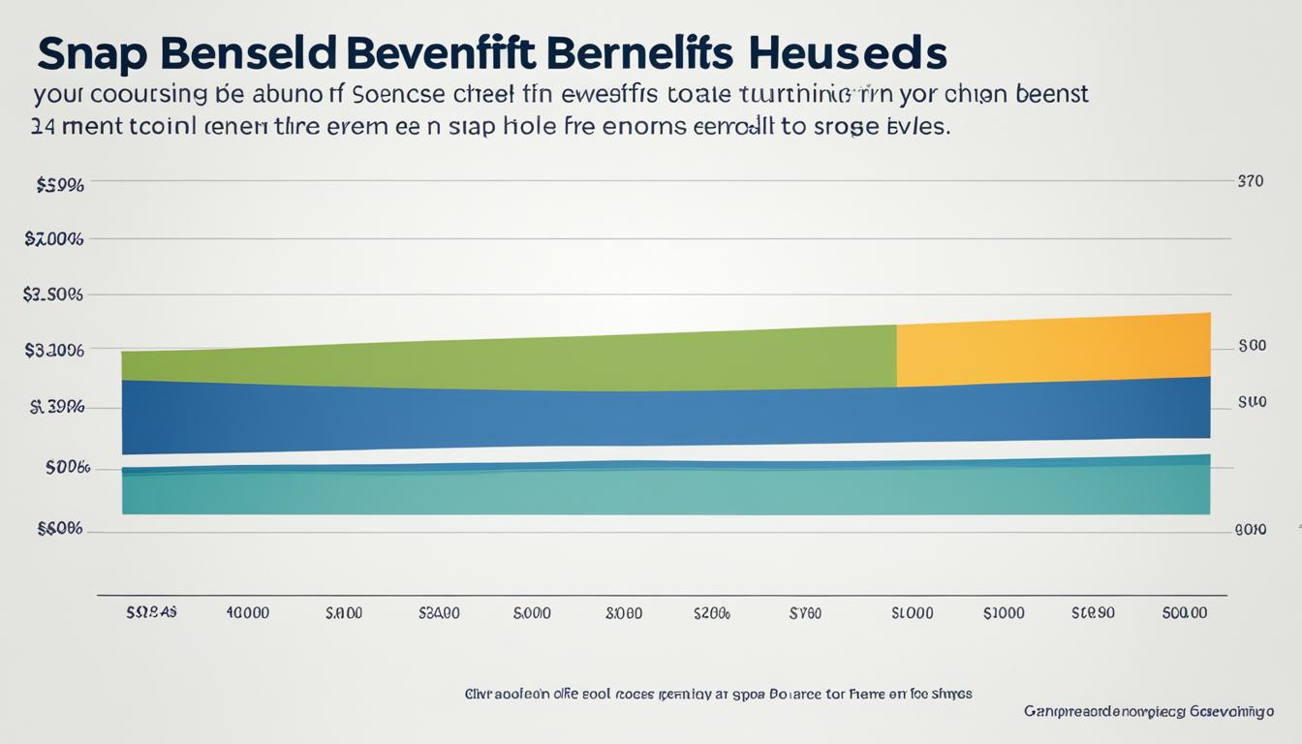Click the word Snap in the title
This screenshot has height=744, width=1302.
(x=94, y=55)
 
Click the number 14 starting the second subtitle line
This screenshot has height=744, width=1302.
(x=43, y=127)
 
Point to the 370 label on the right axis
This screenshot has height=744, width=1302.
(x=1250, y=181)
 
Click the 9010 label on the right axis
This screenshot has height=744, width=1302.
(x=1251, y=530)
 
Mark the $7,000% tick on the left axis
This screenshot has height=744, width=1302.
(x=54, y=239)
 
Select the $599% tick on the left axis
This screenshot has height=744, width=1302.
(x=59, y=184)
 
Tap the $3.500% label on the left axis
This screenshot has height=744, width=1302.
(x=53, y=294)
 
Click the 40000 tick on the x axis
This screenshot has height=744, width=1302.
(x=247, y=613)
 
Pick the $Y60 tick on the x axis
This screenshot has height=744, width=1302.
(x=805, y=613)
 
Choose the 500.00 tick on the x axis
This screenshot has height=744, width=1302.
(x=1185, y=613)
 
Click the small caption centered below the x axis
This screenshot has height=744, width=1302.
(x=718, y=694)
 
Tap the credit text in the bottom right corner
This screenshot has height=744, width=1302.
(x=1148, y=712)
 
